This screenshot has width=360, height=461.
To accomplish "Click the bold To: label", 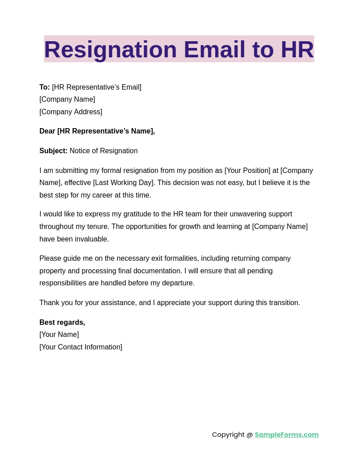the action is [x=44, y=87].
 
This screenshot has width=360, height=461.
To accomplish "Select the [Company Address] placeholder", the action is [x=71, y=112].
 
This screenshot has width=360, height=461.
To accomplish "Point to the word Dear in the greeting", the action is [x=47, y=131].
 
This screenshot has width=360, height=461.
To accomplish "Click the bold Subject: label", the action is [x=53, y=151].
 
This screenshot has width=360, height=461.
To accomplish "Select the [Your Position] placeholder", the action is [x=247, y=171].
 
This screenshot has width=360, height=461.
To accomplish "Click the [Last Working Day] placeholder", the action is [x=124, y=183].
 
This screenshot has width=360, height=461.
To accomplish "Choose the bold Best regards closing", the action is [x=62, y=323].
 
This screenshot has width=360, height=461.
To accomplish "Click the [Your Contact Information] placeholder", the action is [x=81, y=347].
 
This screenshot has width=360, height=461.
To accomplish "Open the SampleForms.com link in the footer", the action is [x=287, y=435].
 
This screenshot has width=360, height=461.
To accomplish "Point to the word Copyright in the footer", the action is [x=228, y=435].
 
